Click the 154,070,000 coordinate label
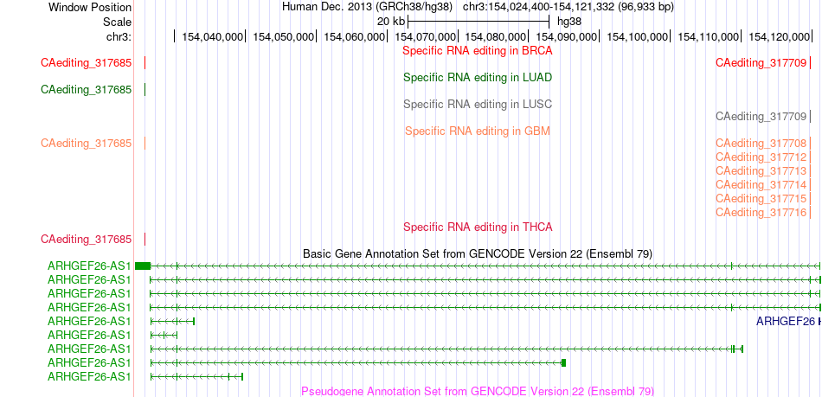tap(425, 36)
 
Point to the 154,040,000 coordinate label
tap(213, 36)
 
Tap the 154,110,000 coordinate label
tap(709, 36)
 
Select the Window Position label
tap(90, 7)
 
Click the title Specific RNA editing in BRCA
tap(478, 51)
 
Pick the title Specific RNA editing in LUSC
tap(478, 104)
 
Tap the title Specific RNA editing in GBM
tap(478, 131)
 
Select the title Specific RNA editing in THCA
tap(478, 227)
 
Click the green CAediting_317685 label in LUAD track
tap(86, 90)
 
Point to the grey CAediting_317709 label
tap(761, 116)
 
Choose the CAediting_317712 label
tap(761, 157)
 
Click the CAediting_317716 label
tap(761, 212)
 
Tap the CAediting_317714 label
tap(761, 185)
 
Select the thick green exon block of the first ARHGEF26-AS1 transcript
tap(143, 266)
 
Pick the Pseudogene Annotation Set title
tap(478, 391)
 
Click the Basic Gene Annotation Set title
tap(478, 254)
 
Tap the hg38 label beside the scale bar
tap(568, 22)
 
